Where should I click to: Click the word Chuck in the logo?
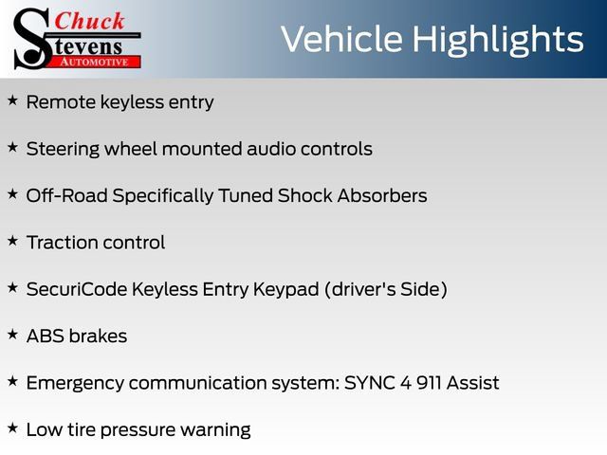tap(89, 21)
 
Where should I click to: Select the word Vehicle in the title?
tap(341, 39)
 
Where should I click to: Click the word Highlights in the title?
tap(497, 40)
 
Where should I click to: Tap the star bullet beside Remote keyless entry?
tap(12, 100)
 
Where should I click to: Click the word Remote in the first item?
tap(61, 102)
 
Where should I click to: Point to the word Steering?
tap(63, 150)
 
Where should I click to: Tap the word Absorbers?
tap(382, 195)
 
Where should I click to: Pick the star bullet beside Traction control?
tap(12, 241)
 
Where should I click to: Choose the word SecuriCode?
tap(77, 289)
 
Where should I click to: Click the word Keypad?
tap(286, 290)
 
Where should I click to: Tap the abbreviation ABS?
tap(46, 337)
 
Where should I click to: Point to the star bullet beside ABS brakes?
tap(12, 335)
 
